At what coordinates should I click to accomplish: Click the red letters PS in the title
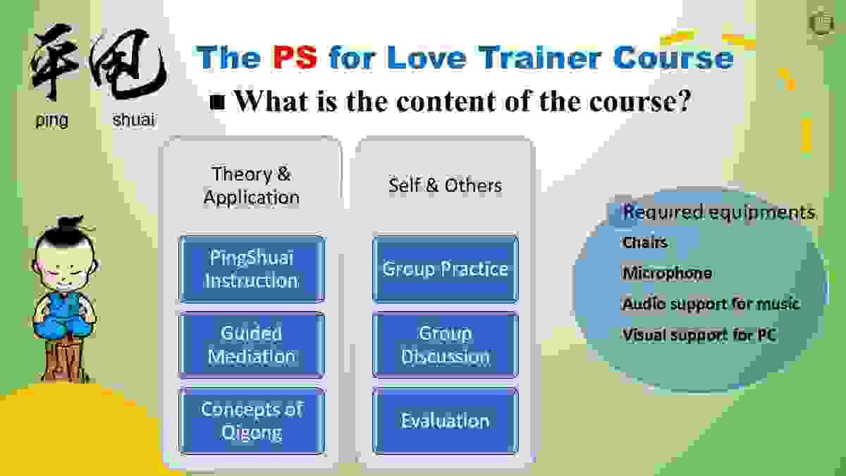pyautogui.click(x=295, y=57)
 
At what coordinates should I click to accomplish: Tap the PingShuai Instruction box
pyautogui.click(x=252, y=269)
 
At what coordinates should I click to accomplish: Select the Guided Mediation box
pyautogui.click(x=252, y=345)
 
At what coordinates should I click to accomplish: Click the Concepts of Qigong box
pyautogui.click(x=252, y=421)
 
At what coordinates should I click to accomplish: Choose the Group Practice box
pyautogui.click(x=446, y=269)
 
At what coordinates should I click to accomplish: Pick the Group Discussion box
pyautogui.click(x=446, y=345)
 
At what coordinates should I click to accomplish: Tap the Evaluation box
pyautogui.click(x=446, y=421)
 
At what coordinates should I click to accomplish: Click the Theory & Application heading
pyautogui.click(x=252, y=185)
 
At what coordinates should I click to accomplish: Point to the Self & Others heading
pyautogui.click(x=446, y=185)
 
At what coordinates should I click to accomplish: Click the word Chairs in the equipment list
pyautogui.click(x=644, y=243)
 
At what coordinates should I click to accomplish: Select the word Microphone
pyautogui.click(x=667, y=273)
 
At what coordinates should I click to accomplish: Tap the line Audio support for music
pyautogui.click(x=711, y=304)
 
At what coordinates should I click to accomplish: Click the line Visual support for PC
pyautogui.click(x=699, y=335)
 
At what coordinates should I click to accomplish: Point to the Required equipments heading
pyautogui.click(x=718, y=212)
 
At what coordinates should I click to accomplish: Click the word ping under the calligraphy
pyautogui.click(x=51, y=121)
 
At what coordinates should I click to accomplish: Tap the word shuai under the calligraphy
pyautogui.click(x=134, y=120)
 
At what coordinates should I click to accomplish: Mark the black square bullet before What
pyautogui.click(x=217, y=102)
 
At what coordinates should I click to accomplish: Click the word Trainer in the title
pyautogui.click(x=542, y=57)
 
